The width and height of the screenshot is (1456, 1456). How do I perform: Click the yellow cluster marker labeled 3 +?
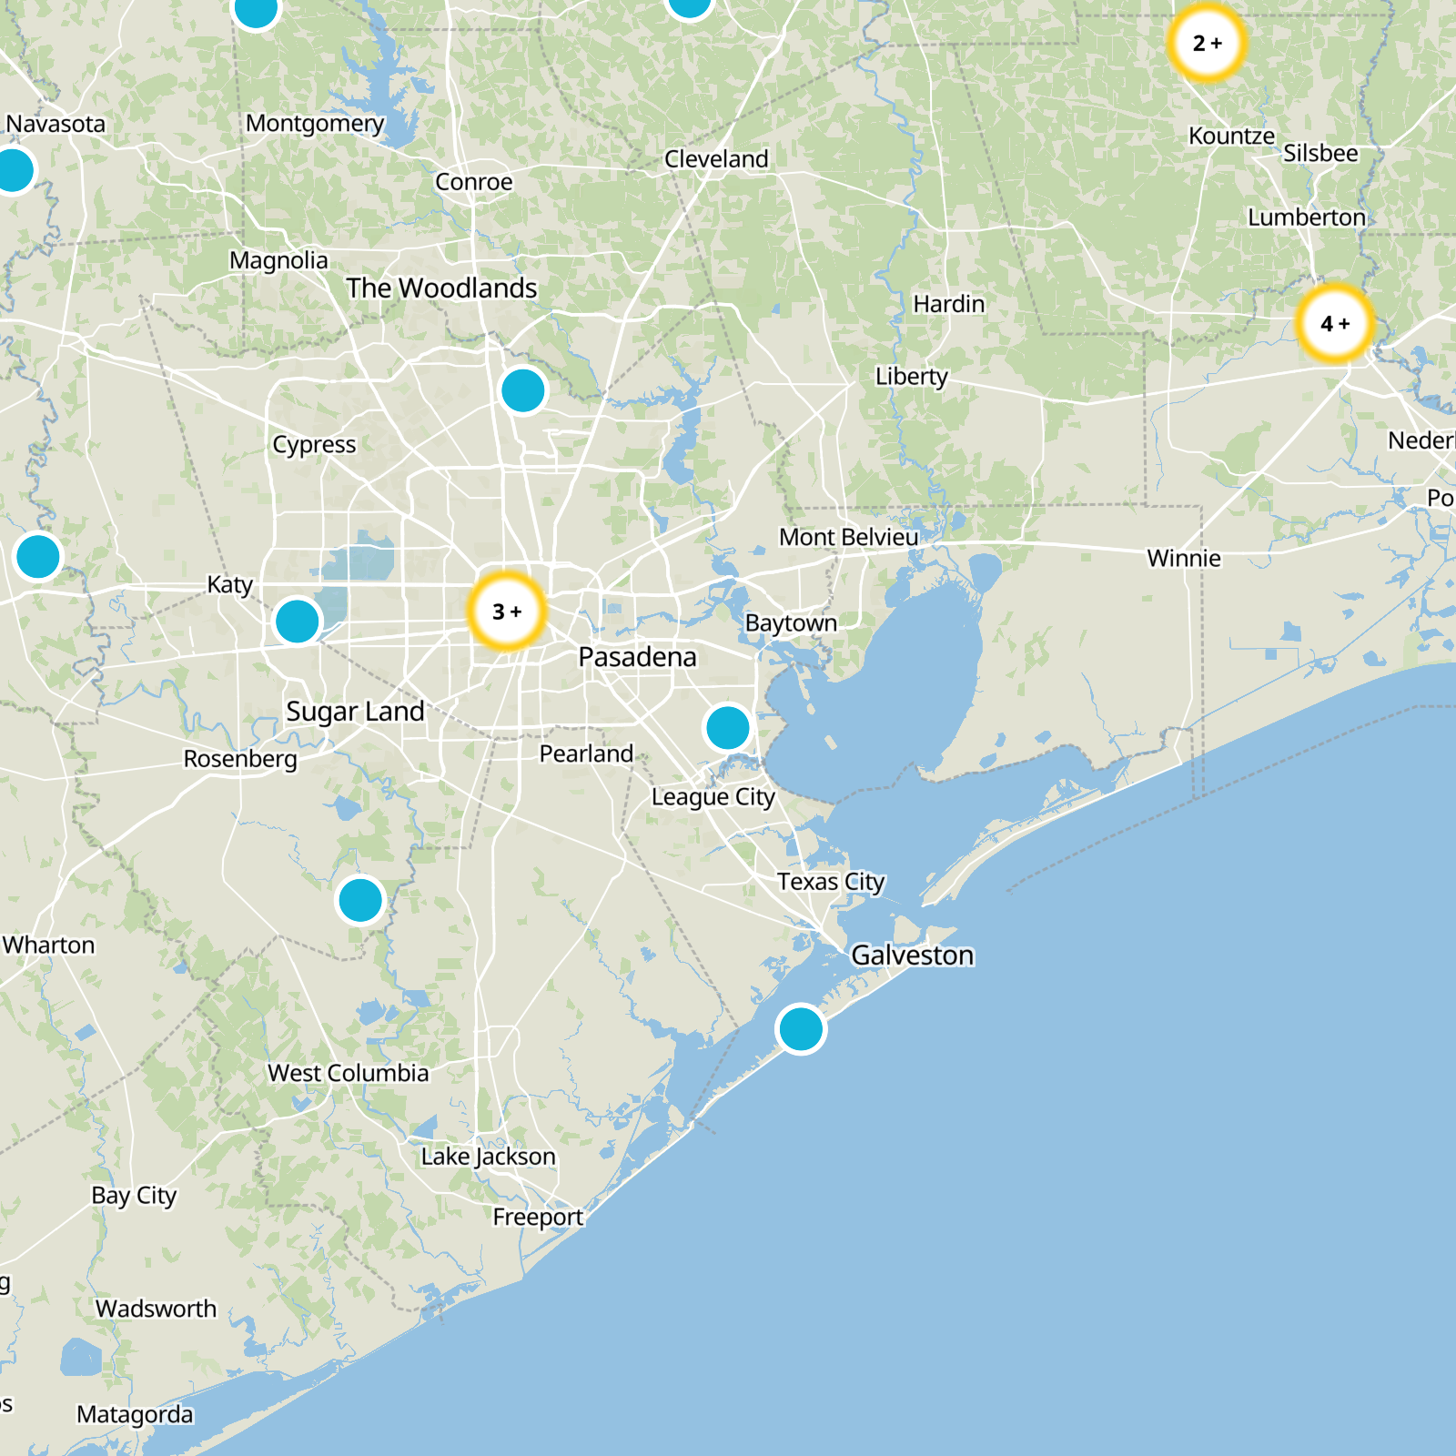pyautogui.click(x=507, y=612)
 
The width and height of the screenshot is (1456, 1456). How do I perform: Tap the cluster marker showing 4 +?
pyautogui.click(x=1335, y=324)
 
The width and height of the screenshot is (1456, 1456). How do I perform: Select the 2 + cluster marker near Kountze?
pyautogui.click(x=1207, y=43)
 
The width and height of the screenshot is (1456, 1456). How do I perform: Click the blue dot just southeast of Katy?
pyautogui.click(x=298, y=622)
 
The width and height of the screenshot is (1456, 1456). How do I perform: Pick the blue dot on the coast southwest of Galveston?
pyautogui.click(x=801, y=1029)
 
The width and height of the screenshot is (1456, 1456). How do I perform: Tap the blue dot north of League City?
pyautogui.click(x=728, y=728)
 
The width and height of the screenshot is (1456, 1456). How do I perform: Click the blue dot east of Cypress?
pyautogui.click(x=523, y=390)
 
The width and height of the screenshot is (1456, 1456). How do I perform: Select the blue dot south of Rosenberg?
pyautogui.click(x=361, y=900)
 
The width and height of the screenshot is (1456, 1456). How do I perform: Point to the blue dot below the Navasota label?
pyautogui.click(x=13, y=170)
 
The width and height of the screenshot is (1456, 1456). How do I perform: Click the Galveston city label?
pyautogui.click(x=913, y=955)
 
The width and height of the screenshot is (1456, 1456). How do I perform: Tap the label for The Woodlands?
pyautogui.click(x=441, y=288)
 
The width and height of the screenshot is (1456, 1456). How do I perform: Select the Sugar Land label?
pyautogui.click(x=355, y=712)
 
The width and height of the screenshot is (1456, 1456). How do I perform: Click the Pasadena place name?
pyautogui.click(x=637, y=657)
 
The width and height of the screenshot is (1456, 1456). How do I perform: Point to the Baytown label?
pyautogui.click(x=791, y=623)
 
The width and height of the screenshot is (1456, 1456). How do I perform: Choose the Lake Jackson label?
pyautogui.click(x=488, y=1157)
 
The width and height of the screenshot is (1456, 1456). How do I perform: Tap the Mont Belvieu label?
pyautogui.click(x=849, y=538)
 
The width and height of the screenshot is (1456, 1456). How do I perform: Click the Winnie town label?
pyautogui.click(x=1184, y=559)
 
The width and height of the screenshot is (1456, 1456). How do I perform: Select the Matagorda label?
pyautogui.click(x=135, y=1415)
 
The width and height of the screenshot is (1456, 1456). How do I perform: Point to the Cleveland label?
pyautogui.click(x=716, y=159)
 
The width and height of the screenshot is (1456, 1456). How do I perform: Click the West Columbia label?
pyautogui.click(x=348, y=1074)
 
